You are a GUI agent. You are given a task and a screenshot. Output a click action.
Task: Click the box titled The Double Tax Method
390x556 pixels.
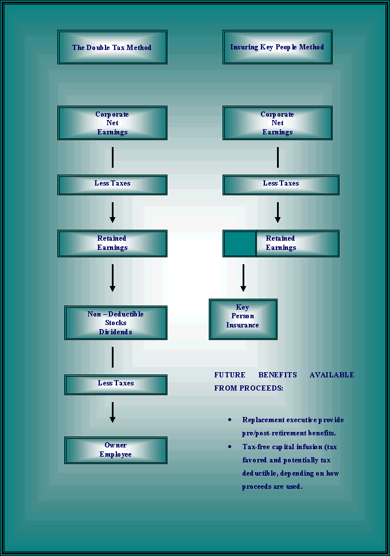pos(112,47)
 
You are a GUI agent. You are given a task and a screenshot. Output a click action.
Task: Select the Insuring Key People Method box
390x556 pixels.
pos(277,47)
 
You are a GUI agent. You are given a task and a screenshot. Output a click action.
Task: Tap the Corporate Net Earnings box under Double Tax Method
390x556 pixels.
pos(112,123)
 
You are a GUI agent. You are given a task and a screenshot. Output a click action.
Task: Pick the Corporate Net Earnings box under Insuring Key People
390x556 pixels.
pos(277,123)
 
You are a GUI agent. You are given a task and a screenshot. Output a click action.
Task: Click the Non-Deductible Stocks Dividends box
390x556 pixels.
pos(116,323)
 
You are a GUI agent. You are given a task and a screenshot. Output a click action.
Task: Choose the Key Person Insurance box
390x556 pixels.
pos(243,319)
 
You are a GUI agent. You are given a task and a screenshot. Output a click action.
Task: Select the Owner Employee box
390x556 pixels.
pos(116,450)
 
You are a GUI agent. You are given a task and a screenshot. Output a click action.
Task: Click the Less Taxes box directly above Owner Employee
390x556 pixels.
pos(116,384)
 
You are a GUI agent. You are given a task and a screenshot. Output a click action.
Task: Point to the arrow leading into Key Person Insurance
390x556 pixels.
pos(243,278)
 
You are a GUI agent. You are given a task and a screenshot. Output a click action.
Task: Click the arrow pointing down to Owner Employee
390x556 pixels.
pos(112,412)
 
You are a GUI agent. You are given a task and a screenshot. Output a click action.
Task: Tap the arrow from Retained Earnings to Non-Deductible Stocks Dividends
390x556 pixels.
pos(112,278)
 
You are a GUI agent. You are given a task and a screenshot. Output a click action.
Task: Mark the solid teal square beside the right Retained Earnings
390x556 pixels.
pos(240,244)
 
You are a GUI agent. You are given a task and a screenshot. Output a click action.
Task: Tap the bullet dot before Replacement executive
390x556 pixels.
pos(230,419)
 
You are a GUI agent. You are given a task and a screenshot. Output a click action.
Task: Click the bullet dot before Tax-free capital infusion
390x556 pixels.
pos(230,446)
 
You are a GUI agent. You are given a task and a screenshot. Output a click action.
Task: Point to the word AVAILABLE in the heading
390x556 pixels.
pos(331,375)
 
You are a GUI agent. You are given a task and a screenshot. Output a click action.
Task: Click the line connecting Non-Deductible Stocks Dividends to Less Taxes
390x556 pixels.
pos(112,357)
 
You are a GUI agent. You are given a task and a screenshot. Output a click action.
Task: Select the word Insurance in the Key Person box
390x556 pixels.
pos(243,325)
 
